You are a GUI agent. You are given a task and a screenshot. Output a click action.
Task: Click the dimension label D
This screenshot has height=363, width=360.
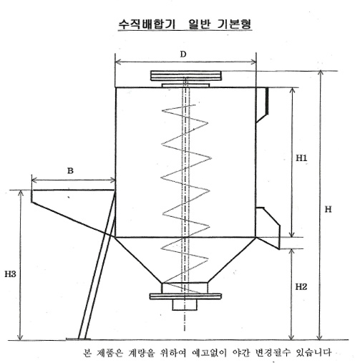tap(183, 54)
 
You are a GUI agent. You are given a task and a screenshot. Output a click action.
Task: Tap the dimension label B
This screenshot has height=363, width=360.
tap(70, 171)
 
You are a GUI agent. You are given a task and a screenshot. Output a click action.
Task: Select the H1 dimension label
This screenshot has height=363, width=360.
tap(301, 158)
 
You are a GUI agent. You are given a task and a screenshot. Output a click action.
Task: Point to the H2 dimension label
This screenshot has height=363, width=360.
tap(301, 286)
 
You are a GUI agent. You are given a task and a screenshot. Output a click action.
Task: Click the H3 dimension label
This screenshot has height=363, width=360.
tap(10, 274)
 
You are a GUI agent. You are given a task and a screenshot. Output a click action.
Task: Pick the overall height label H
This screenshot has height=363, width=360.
tap(329, 209)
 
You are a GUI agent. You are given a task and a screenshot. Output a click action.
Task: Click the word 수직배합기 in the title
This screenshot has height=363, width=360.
tap(147, 24)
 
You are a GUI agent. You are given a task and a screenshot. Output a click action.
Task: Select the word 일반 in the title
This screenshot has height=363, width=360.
tap(199, 24)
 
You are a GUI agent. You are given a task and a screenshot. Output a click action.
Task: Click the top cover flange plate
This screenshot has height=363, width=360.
tap(186, 75)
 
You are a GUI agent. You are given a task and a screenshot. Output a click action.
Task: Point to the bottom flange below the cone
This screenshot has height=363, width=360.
tap(185, 296)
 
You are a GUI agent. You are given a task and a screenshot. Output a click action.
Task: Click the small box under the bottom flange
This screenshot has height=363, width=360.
tap(185, 305)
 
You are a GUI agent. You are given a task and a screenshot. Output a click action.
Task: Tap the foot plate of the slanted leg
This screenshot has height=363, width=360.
tap(78, 339)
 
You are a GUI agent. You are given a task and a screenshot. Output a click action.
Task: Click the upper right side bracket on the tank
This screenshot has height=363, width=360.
tap(262, 105)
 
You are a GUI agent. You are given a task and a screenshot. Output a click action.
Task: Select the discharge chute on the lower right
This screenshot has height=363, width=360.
tap(268, 228)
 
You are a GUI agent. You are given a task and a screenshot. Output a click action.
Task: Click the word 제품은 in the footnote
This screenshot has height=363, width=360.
tap(109, 352)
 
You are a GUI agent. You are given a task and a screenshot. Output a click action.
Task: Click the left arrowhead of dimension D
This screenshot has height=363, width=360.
tap(118, 62)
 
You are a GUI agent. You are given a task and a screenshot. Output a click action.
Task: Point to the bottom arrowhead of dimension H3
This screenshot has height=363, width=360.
tap(21, 337)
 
